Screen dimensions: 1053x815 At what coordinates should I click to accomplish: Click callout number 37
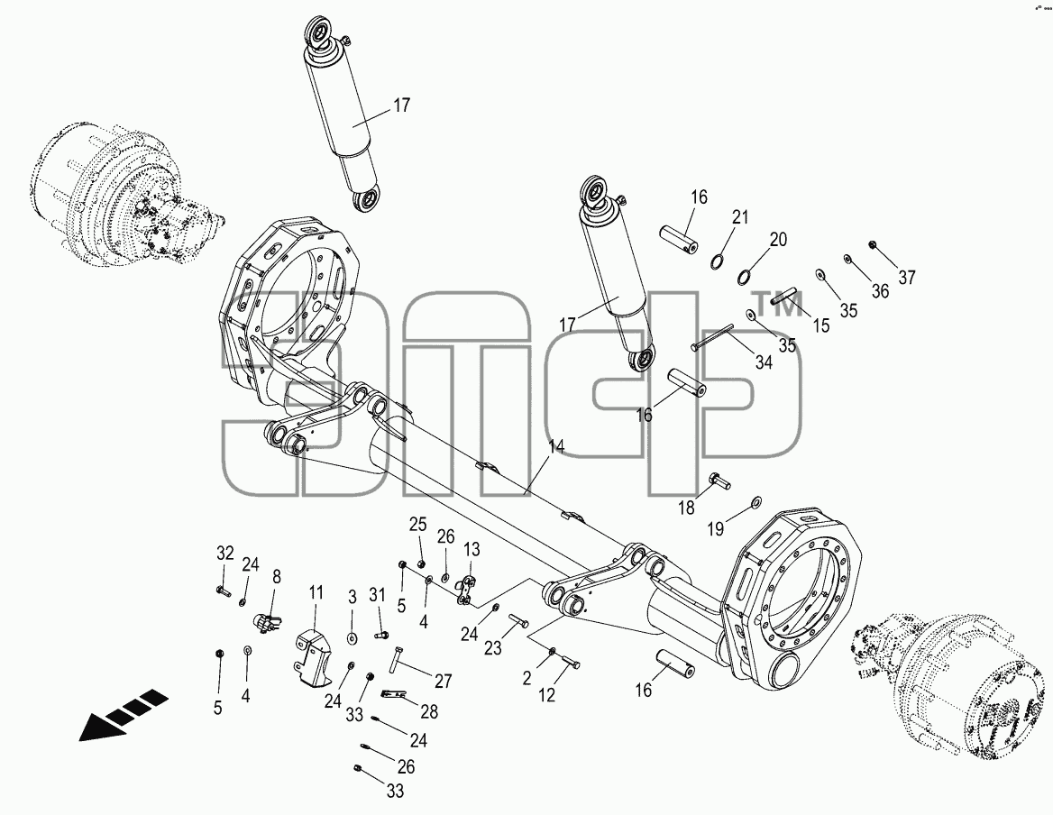[907, 278]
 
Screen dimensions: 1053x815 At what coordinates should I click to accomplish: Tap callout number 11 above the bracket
[316, 593]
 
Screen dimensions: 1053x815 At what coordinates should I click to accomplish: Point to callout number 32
[225, 554]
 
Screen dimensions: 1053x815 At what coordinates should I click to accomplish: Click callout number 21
[740, 217]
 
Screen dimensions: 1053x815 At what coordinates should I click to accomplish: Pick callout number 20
[778, 239]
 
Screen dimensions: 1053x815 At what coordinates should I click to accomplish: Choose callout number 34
[764, 362]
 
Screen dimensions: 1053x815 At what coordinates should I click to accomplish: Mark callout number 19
[716, 529]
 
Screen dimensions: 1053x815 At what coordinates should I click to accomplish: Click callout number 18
[686, 508]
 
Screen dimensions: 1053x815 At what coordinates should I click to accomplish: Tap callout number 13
[472, 550]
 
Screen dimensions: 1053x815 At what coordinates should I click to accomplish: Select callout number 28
[428, 711]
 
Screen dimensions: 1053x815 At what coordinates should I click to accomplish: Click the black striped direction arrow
[124, 714]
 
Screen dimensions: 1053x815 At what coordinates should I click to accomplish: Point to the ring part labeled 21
[718, 261]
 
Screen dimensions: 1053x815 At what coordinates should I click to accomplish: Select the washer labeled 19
[755, 501]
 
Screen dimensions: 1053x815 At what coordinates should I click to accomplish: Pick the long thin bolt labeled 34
[711, 338]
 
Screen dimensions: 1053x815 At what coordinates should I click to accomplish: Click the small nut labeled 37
[873, 243]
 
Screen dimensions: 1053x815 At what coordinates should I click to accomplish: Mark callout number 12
[546, 695]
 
